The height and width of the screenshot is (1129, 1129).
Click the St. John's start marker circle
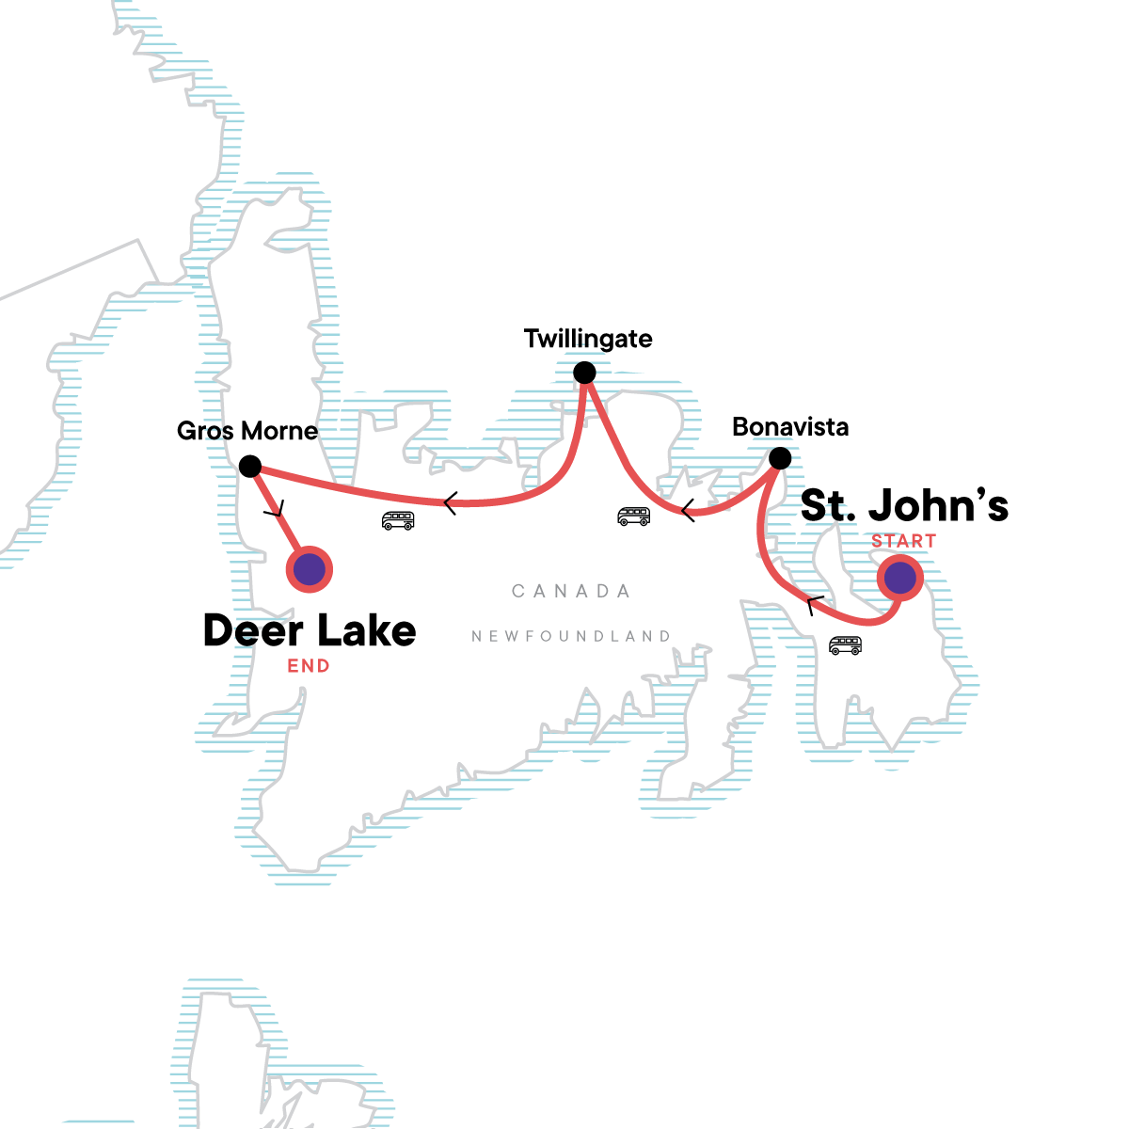[900, 579]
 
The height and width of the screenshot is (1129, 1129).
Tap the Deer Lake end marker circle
[310, 569]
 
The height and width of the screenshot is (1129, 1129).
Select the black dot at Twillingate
[584, 373]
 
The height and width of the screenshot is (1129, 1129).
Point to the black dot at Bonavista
[780, 458]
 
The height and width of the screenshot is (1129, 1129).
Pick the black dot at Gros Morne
[249, 466]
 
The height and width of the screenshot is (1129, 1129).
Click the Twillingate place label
[588, 339]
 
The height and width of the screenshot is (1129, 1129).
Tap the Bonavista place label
[790, 427]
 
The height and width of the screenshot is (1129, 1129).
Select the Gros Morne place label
[247, 431]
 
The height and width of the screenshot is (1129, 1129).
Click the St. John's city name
[904, 505]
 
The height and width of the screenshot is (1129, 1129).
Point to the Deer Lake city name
[310, 630]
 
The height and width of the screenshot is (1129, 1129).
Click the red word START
[903, 541]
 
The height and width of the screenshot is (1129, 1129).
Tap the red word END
[309, 666]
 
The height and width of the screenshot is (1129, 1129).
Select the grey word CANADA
[571, 591]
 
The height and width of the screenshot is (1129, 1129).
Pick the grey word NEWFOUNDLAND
[571, 637]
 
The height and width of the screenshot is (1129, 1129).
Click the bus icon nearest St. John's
[845, 645]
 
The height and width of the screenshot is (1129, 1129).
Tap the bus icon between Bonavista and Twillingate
[633, 516]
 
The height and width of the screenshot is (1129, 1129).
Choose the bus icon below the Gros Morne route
[398, 520]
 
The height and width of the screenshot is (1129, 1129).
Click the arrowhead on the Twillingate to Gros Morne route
[450, 504]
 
